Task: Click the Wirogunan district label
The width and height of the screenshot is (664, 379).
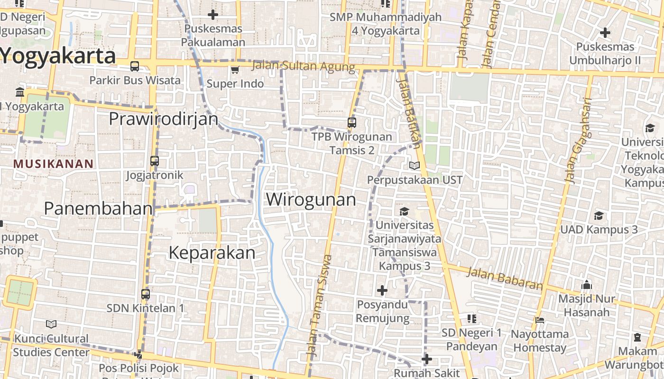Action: pyautogui.click(x=311, y=199)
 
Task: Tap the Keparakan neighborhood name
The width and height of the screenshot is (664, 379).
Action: pyautogui.click(x=212, y=253)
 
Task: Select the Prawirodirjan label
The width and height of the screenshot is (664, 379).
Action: pyautogui.click(x=164, y=118)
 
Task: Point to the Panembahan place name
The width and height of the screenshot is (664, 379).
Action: pyautogui.click(x=99, y=208)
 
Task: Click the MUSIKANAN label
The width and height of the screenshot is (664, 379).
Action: pyautogui.click(x=54, y=164)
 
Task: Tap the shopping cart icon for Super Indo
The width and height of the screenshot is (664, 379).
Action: pyautogui.click(x=234, y=70)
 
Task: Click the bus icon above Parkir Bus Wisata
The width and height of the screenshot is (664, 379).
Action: pyautogui.click(x=135, y=66)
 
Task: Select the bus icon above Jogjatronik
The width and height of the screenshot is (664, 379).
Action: pyautogui.click(x=155, y=161)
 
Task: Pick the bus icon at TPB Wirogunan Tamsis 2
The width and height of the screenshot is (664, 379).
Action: pyautogui.click(x=352, y=123)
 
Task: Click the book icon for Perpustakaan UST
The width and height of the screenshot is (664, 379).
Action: pyautogui.click(x=415, y=165)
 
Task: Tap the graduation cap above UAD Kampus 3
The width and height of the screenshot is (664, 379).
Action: pyautogui.click(x=599, y=216)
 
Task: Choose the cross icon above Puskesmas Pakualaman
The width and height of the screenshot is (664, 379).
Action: pyautogui.click(x=213, y=15)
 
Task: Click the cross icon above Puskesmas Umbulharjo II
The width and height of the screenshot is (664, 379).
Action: pyautogui.click(x=605, y=33)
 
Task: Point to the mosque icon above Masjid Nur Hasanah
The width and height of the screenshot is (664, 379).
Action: pyautogui.click(x=587, y=285)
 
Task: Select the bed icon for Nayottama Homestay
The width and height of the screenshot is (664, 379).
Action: pyautogui.click(x=540, y=320)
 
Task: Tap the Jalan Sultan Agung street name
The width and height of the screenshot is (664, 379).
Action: pyautogui.click(x=304, y=66)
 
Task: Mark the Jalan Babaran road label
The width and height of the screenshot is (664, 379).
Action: pyautogui.click(x=505, y=279)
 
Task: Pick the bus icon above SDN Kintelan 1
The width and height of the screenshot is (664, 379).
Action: pyautogui.click(x=146, y=294)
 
